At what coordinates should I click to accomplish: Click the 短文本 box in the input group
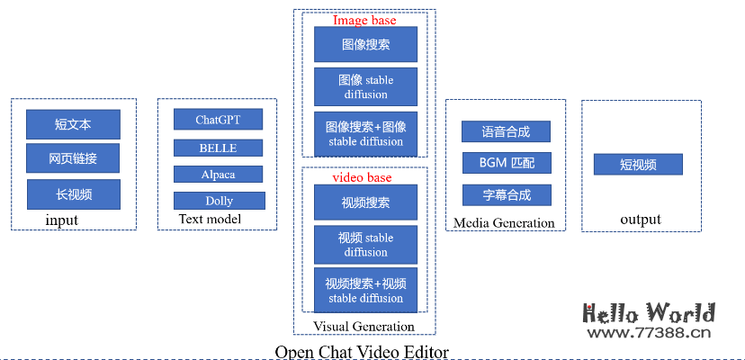click(73, 124)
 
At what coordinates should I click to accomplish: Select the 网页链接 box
click(73, 158)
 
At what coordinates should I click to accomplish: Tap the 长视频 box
click(73, 193)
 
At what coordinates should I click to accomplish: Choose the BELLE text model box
click(218, 148)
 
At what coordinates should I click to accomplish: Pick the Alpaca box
click(218, 174)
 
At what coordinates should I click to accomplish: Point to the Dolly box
click(219, 200)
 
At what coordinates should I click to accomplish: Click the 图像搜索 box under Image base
click(365, 44)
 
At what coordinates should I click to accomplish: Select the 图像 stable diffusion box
click(365, 86)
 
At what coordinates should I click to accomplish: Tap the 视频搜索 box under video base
click(365, 202)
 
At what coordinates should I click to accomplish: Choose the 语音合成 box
click(505, 131)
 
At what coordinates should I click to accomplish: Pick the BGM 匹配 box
click(505, 164)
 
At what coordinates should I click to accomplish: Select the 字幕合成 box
click(505, 194)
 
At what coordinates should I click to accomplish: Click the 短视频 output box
click(638, 165)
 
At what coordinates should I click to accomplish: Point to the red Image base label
click(364, 20)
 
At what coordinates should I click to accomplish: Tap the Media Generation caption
click(504, 223)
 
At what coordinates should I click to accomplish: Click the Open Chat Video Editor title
click(362, 352)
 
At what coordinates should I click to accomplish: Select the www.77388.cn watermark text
click(650, 334)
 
